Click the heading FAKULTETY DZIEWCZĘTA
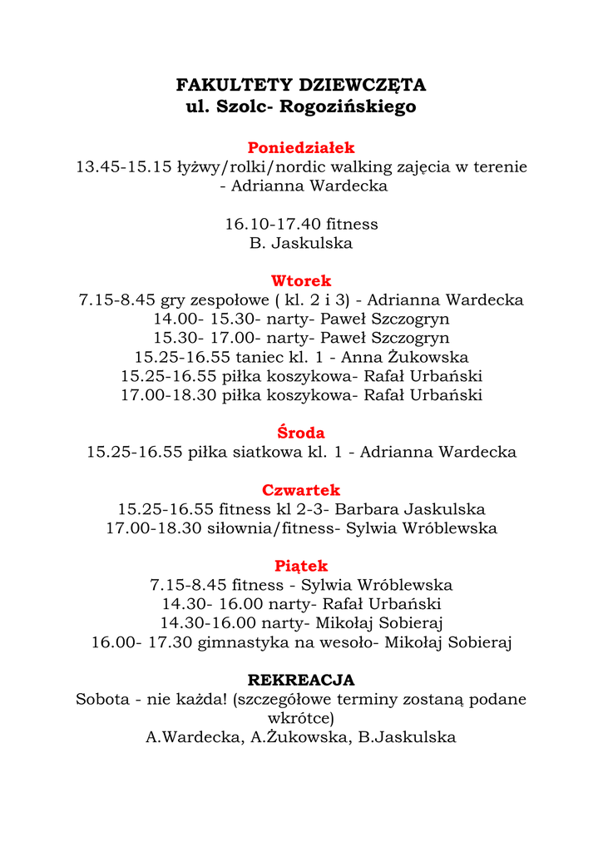pos(301,85)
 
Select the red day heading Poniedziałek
pos(301,147)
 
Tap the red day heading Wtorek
pos(301,280)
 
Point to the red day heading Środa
pos(301,433)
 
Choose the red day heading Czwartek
pos(301,490)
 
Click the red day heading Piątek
pos(301,566)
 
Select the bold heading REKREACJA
pos(301,680)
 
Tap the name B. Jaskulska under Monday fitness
pos(301,243)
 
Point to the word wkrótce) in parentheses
pos(301,718)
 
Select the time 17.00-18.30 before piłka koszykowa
pos(169,395)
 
